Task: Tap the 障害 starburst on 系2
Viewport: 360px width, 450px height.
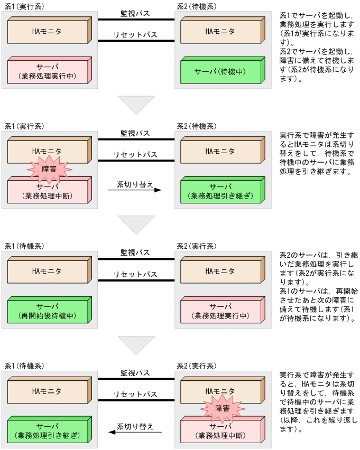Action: (x=221, y=408)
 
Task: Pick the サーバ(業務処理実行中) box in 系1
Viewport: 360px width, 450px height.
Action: (x=47, y=72)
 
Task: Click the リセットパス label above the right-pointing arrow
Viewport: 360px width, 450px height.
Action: (x=135, y=155)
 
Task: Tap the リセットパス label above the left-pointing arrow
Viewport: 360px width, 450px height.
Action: (x=135, y=394)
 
